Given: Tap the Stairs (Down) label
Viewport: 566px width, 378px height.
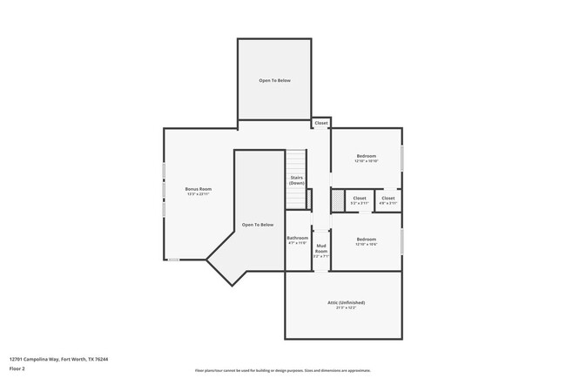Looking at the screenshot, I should pos(297,179).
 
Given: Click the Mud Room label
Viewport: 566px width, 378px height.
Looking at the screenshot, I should pos(321,251).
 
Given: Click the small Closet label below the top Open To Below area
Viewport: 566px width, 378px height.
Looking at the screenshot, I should pos(321,124).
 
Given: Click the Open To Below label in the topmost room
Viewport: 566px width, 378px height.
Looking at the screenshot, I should pos(274,80).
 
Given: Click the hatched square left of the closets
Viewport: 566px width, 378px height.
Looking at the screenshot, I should pos(337,199).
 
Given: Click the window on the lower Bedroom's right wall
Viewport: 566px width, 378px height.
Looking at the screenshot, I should pos(401,241).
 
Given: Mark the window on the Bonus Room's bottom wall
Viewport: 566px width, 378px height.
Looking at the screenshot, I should pos(174,260).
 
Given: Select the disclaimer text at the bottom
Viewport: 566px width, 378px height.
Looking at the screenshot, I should pos(283,370).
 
